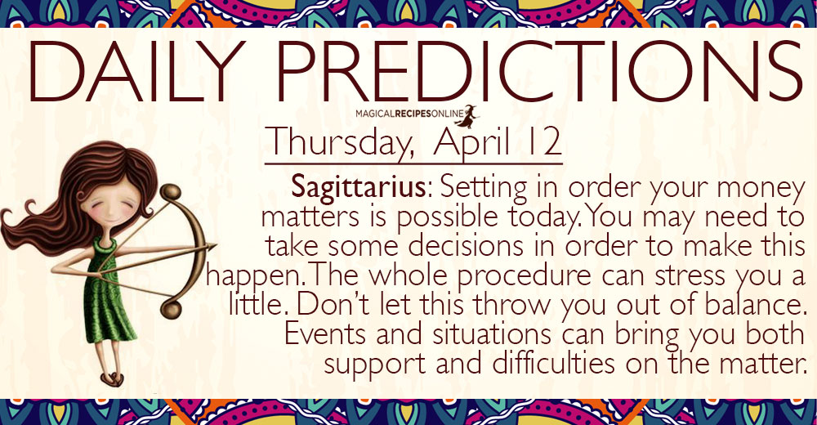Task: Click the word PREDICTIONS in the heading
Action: click(539, 71)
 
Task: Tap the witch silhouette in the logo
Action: click(467, 116)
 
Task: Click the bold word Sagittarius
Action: click(359, 186)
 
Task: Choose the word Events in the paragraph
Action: click(326, 334)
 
